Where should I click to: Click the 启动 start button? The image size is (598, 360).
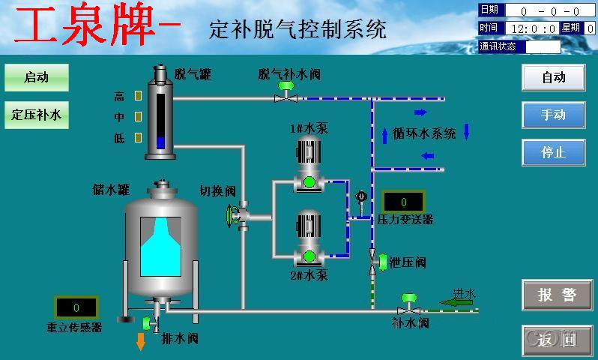pyautogui.click(x=36, y=77)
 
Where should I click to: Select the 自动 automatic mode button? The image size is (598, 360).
pyautogui.click(x=553, y=77)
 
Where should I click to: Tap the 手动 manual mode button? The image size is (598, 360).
pyautogui.click(x=553, y=115)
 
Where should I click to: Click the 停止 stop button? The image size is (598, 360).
pyautogui.click(x=553, y=152)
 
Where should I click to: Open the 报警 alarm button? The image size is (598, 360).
pyautogui.click(x=556, y=295)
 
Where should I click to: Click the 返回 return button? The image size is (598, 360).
pyautogui.click(x=556, y=340)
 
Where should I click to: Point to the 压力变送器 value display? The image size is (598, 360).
pyautogui.click(x=403, y=202)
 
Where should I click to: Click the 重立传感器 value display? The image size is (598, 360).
pyautogui.click(x=76, y=307)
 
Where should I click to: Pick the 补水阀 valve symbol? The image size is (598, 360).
pyautogui.click(x=409, y=305)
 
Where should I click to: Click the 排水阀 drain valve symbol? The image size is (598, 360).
pyautogui.click(x=152, y=324)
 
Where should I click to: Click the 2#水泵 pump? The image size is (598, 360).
pyautogui.click(x=308, y=240)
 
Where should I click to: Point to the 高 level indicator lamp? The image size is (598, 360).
pyautogui.click(x=138, y=96)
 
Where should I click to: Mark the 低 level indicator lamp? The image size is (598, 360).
pyautogui.click(x=138, y=138)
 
